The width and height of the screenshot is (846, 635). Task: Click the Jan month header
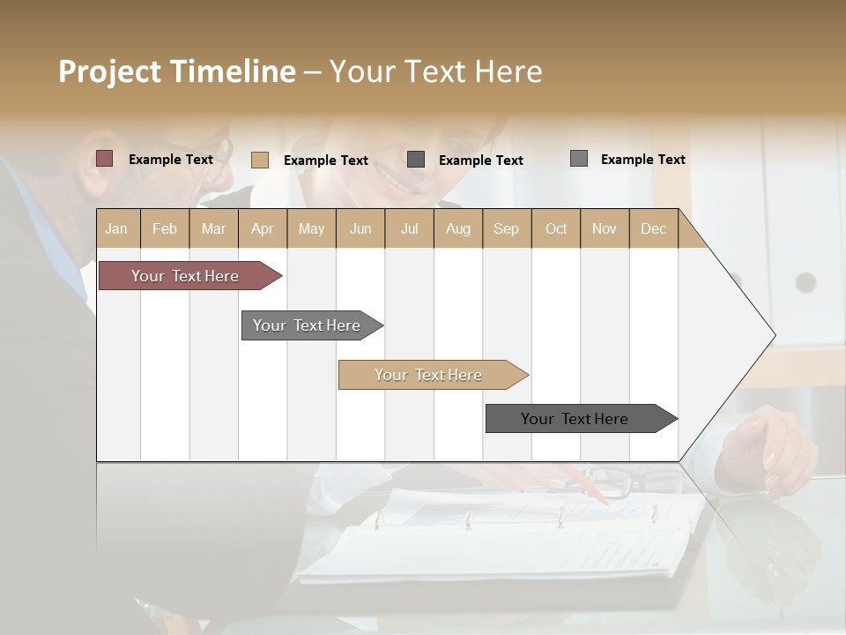(116, 228)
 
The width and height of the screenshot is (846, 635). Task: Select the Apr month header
(263, 228)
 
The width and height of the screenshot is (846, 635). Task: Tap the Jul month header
(410, 228)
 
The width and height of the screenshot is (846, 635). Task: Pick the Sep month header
(507, 228)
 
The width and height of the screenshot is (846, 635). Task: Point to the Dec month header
(654, 228)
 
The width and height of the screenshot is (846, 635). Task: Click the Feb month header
(165, 228)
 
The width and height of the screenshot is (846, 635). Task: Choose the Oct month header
(556, 228)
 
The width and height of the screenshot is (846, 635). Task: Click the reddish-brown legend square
(105, 159)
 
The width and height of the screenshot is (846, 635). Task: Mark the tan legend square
(260, 160)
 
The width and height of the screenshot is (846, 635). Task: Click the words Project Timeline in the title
(177, 71)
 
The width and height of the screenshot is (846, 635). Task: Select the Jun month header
(360, 228)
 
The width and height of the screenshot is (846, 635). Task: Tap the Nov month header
(605, 228)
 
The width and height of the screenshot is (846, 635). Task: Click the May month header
(311, 228)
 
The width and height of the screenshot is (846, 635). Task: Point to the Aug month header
(458, 228)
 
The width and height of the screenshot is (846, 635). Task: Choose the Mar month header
(213, 228)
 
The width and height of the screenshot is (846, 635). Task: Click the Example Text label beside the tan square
(326, 161)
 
